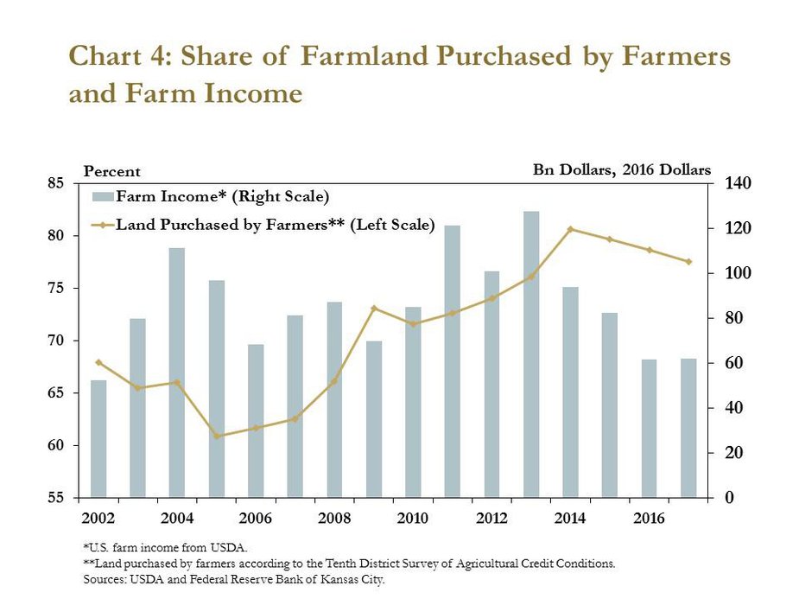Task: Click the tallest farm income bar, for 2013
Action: [x=531, y=354]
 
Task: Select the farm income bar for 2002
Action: [x=98, y=439]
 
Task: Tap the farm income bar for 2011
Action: [x=453, y=361]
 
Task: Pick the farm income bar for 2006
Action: [x=256, y=421]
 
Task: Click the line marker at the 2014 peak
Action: [x=570, y=229]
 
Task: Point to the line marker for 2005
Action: [x=217, y=437]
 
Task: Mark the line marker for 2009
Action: [x=374, y=309]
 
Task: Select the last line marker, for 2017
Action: [x=689, y=262]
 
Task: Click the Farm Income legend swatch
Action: [x=103, y=197]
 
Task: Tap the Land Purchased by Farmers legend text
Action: [x=276, y=225]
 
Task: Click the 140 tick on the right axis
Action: [x=738, y=183]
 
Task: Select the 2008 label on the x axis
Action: [x=334, y=519]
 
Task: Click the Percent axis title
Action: [x=111, y=171]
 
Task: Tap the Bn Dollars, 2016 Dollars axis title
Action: [x=622, y=169]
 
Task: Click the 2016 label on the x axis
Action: [x=650, y=519]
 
